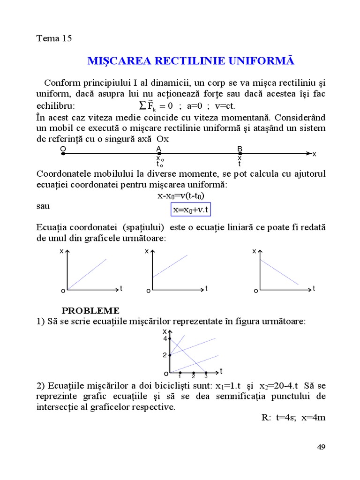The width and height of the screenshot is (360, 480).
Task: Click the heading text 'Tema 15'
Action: tap(54, 38)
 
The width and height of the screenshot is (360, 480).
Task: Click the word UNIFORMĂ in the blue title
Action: tap(263, 61)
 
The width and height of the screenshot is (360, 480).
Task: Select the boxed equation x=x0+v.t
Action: tap(190, 210)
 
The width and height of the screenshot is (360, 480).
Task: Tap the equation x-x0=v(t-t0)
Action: tap(181, 196)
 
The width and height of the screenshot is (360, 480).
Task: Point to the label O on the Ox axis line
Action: tap(63, 149)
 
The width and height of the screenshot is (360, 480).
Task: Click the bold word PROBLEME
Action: tap(90, 311)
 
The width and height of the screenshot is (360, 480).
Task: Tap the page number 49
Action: tap(321, 447)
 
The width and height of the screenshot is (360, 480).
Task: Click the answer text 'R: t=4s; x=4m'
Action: tap(293, 418)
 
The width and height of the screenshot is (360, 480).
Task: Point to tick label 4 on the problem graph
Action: tap(165, 338)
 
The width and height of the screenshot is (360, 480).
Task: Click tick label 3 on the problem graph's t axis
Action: tap(206, 376)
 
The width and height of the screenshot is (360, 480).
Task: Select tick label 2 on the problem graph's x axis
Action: tap(165, 355)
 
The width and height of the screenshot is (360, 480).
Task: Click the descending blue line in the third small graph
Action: tap(279, 272)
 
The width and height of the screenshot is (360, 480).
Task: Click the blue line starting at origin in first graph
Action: tap(88, 274)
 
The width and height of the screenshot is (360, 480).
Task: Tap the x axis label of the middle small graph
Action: tap(147, 251)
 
